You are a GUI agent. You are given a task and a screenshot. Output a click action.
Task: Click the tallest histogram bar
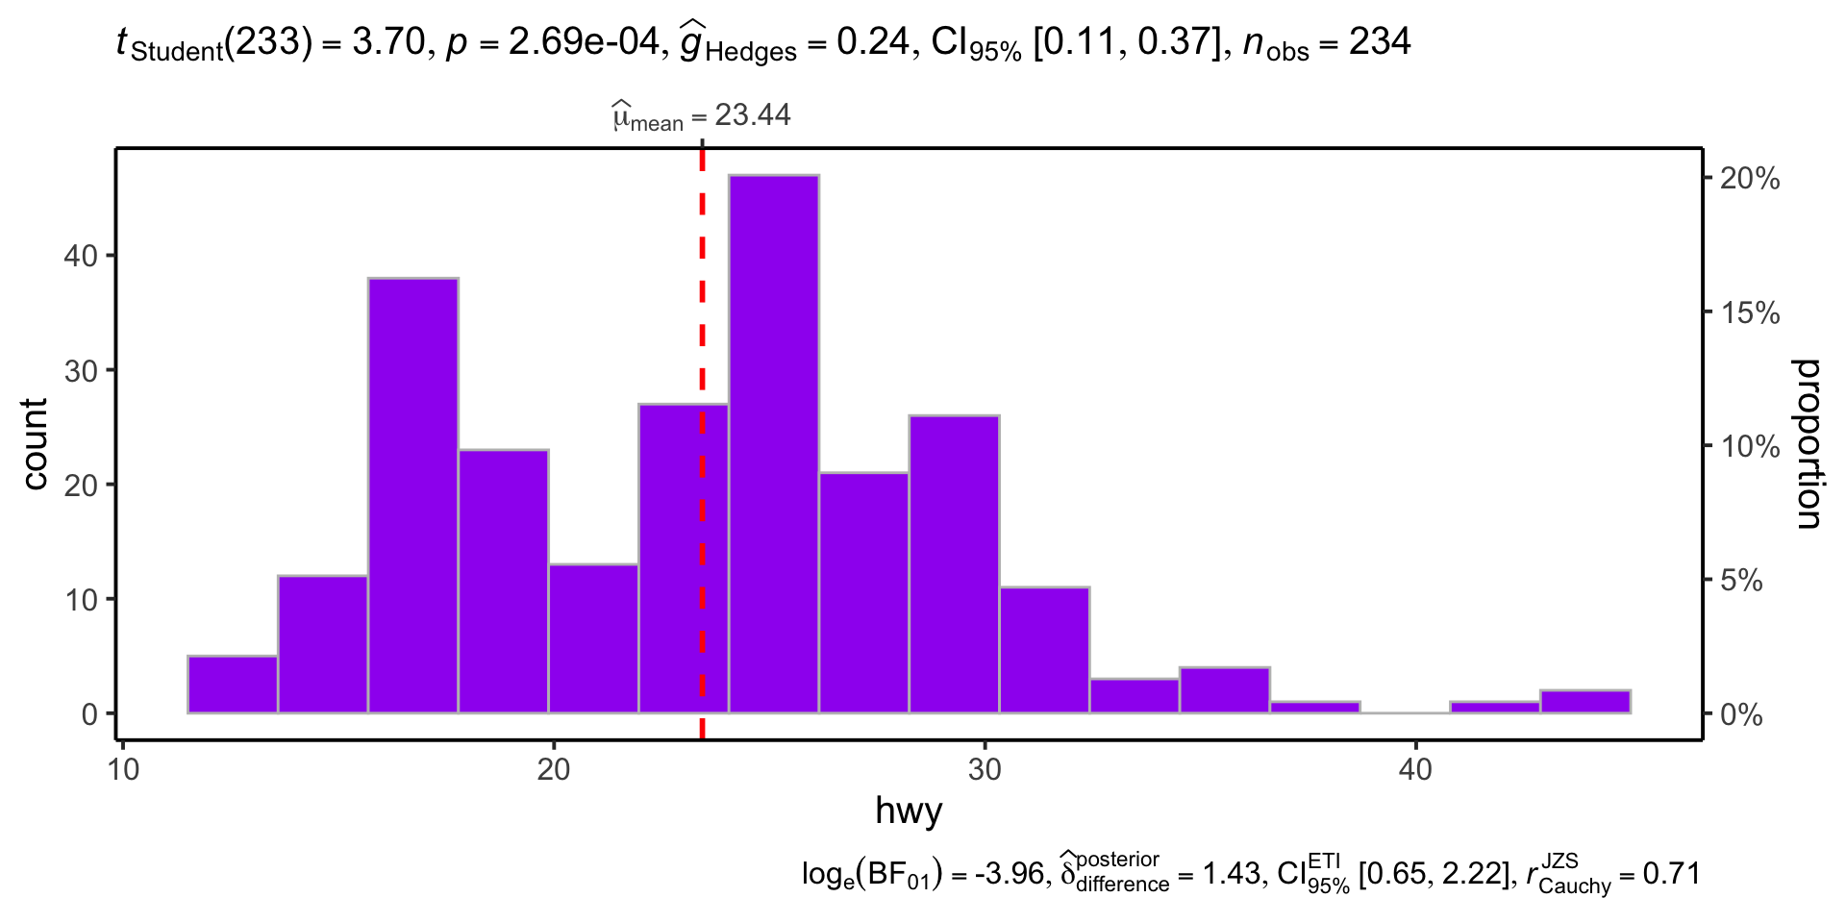click(x=773, y=442)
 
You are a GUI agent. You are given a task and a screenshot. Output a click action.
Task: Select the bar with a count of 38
click(x=412, y=495)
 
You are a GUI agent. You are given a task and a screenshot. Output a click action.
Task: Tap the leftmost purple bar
click(x=233, y=685)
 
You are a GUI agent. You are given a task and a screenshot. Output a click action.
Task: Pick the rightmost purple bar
click(x=1584, y=702)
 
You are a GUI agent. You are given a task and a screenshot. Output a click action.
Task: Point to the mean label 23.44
click(x=752, y=115)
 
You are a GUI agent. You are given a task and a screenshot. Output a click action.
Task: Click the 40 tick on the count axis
click(x=82, y=256)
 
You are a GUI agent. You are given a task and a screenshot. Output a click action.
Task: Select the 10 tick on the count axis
click(x=82, y=600)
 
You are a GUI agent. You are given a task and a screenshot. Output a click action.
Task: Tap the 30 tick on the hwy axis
click(x=985, y=770)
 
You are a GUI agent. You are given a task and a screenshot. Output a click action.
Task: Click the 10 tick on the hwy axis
click(x=123, y=770)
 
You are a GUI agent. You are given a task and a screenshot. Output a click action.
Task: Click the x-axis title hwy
click(x=909, y=811)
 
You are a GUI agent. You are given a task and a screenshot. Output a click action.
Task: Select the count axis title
click(x=35, y=444)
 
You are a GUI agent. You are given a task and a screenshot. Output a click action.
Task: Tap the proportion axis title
click(x=1808, y=444)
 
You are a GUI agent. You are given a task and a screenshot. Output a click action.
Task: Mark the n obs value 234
click(x=1380, y=42)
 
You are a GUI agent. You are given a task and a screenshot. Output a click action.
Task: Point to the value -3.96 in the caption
click(x=1009, y=874)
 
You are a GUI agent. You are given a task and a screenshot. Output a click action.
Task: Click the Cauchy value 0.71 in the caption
click(x=1672, y=874)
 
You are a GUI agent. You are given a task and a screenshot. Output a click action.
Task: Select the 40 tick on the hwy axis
click(x=1415, y=770)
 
